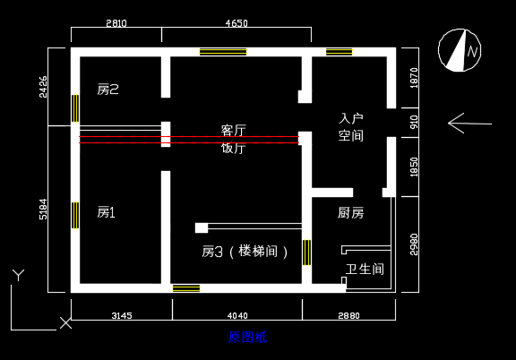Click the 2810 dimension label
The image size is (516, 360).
[x=116, y=23]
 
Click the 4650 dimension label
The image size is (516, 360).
[x=236, y=23]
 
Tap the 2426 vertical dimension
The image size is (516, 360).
[x=43, y=87]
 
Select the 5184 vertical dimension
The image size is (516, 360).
[x=43, y=210]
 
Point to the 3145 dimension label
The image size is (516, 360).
[x=122, y=315]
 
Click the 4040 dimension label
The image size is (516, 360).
[x=237, y=315]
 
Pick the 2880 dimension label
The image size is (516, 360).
[x=348, y=315]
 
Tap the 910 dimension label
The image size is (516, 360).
[x=414, y=122]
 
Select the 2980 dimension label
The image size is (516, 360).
[x=414, y=244]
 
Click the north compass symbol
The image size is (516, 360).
[x=460, y=50]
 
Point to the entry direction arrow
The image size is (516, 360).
[x=469, y=124]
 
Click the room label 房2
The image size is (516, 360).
[x=107, y=90]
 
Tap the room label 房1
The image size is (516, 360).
[x=106, y=212]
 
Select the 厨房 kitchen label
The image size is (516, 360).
[x=351, y=213]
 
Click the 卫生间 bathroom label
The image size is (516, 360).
[x=365, y=270]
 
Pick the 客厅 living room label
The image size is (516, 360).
[x=233, y=131]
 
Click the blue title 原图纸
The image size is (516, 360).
[x=247, y=338]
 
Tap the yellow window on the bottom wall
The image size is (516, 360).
[x=186, y=288]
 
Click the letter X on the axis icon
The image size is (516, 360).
[x=65, y=323]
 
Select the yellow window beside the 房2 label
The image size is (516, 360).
[x=75, y=108]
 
